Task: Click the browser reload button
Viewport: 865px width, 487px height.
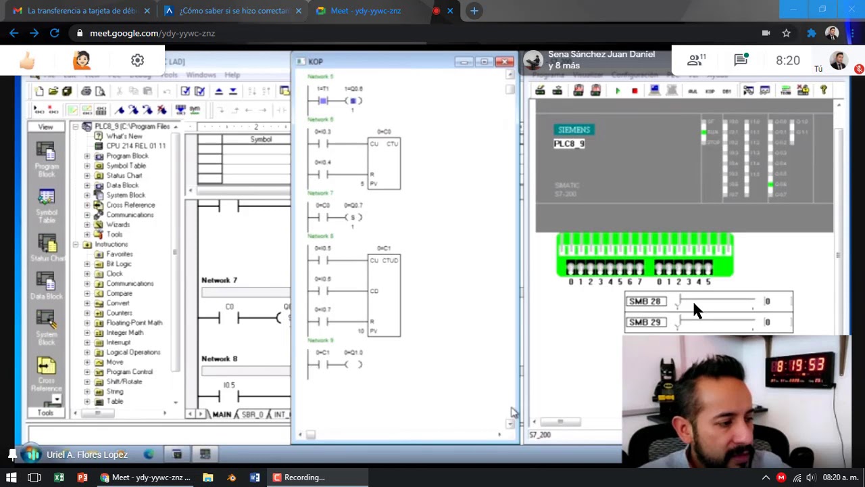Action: coord(54,33)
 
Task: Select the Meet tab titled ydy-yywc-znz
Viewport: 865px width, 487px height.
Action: coord(366,11)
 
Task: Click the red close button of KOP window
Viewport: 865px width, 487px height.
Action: coord(504,62)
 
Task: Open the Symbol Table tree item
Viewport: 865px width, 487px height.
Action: coord(125,166)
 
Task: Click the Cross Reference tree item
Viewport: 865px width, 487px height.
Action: coord(130,205)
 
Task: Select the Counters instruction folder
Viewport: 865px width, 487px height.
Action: coord(119,313)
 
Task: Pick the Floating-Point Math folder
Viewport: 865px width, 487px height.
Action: coord(134,323)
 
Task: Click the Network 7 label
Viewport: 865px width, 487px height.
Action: coord(219,280)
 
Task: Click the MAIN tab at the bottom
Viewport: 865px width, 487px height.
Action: coord(222,414)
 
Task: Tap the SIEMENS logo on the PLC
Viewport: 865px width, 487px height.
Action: coord(574,130)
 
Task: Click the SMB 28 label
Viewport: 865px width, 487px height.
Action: coord(645,302)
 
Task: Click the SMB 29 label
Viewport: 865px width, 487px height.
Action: coord(645,322)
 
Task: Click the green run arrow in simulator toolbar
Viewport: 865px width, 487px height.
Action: coord(618,91)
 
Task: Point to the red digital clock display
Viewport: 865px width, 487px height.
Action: coord(799,366)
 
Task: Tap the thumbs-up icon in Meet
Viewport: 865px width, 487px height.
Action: coord(27,61)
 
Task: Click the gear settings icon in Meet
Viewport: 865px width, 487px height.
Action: coord(137,61)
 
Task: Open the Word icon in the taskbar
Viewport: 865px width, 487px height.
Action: coord(255,478)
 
